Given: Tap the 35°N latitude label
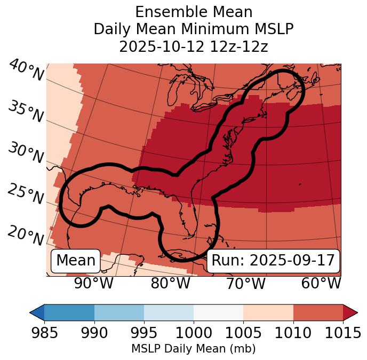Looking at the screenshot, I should click(x=26, y=111).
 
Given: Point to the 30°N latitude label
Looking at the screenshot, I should click(x=26, y=153).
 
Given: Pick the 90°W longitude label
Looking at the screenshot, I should click(x=93, y=284).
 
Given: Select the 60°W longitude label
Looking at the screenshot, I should click(x=321, y=284).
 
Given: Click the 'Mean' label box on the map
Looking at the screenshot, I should click(x=76, y=261).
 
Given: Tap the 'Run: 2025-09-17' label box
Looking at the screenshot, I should click(x=273, y=261).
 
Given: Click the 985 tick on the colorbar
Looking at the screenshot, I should click(x=45, y=332).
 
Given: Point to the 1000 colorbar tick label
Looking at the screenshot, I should click(x=194, y=332).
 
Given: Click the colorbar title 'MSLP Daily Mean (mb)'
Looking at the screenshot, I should click(x=194, y=349).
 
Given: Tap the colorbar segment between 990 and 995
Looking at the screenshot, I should click(x=119, y=312).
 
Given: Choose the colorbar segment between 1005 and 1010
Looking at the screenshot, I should click(x=268, y=312).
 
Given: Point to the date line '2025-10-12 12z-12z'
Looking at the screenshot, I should click(x=194, y=46).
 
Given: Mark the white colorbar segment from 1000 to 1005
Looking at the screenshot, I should click(x=218, y=312).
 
